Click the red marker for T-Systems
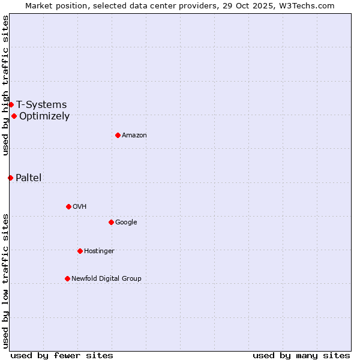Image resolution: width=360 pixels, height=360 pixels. (x=11, y=105)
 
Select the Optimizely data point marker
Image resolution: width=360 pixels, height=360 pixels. (x=14, y=116)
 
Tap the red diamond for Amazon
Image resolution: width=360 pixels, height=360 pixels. (x=118, y=135)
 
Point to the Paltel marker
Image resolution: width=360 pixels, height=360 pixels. (x=10, y=178)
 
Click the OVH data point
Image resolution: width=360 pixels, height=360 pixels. (x=68, y=206)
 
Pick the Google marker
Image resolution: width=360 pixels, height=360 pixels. (x=111, y=222)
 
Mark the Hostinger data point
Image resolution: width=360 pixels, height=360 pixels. (x=80, y=251)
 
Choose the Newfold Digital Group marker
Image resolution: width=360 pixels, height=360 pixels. (x=67, y=278)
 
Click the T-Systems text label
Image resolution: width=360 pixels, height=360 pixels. (x=41, y=105)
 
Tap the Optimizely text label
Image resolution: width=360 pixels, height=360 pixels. (x=44, y=116)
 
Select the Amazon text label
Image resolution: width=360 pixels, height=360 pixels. (x=134, y=136)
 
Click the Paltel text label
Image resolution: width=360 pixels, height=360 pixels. (x=29, y=178)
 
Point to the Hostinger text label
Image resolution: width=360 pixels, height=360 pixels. (x=99, y=251)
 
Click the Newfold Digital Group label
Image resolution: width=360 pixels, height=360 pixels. (x=106, y=278)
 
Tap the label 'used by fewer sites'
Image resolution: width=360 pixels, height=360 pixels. (x=62, y=355)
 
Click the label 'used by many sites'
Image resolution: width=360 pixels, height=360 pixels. (x=301, y=355)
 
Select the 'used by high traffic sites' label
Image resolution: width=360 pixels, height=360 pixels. (x=5, y=86)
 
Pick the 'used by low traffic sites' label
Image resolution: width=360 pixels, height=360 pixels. (x=5, y=281)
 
